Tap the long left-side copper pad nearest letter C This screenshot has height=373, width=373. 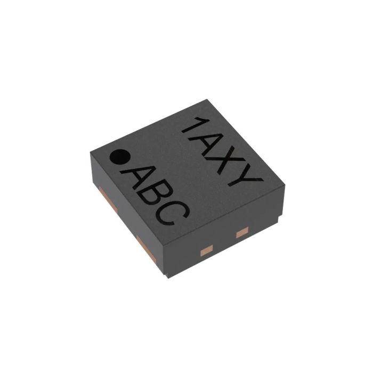tap(144, 246)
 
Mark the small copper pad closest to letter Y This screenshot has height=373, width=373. tap(242, 231)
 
